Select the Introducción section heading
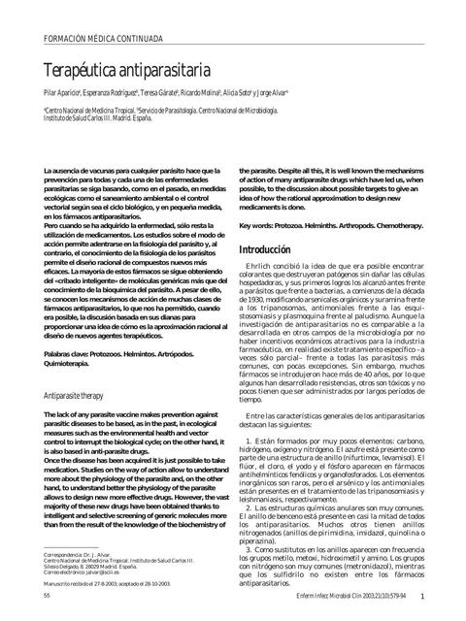pos(265,250)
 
